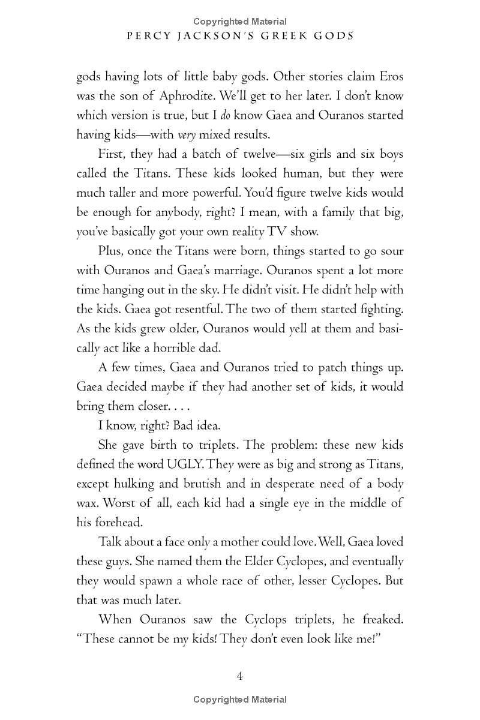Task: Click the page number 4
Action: point(239,676)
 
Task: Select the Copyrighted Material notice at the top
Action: point(240,22)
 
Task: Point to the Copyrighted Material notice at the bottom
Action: point(240,700)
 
